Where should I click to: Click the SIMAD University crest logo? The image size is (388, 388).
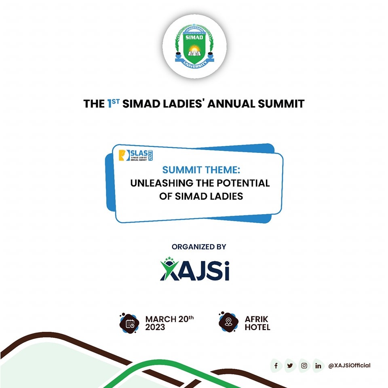click(x=194, y=46)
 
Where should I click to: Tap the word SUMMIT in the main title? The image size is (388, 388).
click(x=281, y=104)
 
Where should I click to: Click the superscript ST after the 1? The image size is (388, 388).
click(x=116, y=101)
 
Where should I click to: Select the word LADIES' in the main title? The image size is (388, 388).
click(x=183, y=104)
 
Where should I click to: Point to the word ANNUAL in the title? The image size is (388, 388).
click(x=231, y=104)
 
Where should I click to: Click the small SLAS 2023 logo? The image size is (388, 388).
click(x=136, y=155)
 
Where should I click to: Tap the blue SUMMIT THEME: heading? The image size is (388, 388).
click(x=201, y=170)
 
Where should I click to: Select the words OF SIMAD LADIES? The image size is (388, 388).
click(x=201, y=196)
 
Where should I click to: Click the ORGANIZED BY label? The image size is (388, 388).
click(x=199, y=247)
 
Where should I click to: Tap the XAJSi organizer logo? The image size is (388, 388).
click(x=194, y=269)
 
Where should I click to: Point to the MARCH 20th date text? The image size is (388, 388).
click(x=169, y=323)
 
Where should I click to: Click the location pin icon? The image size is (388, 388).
click(x=228, y=322)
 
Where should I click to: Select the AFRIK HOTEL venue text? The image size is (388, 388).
click(x=257, y=323)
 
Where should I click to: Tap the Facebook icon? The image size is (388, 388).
click(x=276, y=365)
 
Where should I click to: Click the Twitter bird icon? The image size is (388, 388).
click(x=290, y=365)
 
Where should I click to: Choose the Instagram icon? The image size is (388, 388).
click(x=304, y=365)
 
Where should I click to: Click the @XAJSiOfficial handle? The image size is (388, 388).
click(x=349, y=365)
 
